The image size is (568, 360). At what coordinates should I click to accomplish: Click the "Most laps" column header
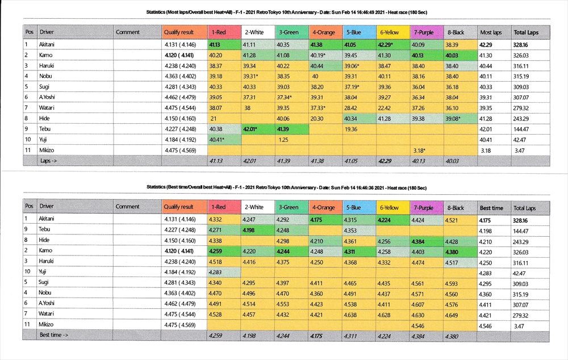tap(491, 32)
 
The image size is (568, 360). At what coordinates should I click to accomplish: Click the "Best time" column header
tap(491, 208)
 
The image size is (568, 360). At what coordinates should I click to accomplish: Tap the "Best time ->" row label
tap(54, 336)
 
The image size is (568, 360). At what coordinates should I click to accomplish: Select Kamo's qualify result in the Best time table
tap(179, 251)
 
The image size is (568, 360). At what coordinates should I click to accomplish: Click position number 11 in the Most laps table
tap(27, 150)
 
